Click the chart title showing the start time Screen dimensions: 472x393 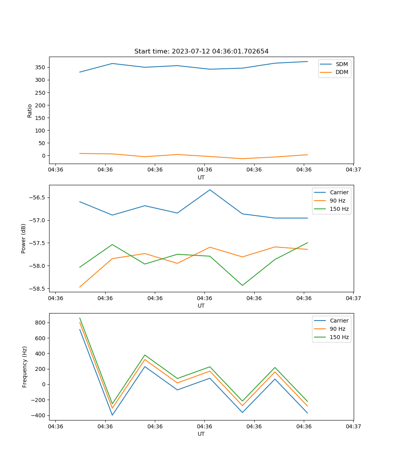click(201, 52)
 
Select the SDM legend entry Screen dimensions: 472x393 click(342, 64)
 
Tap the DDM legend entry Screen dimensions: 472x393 click(342, 72)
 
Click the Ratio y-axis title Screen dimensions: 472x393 click(30, 111)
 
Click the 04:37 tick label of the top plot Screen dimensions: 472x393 click(353, 170)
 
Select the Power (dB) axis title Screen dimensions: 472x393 click(24, 238)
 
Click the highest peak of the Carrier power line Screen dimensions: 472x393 click(210, 190)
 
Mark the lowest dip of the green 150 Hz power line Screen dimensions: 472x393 click(242, 285)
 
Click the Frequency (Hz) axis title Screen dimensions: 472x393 click(24, 367)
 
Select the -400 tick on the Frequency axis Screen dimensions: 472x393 click(39, 415)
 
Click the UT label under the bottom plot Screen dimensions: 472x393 click(201, 434)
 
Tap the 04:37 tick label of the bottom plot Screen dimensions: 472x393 click(353, 426)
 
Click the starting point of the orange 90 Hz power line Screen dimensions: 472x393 click(80, 287)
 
